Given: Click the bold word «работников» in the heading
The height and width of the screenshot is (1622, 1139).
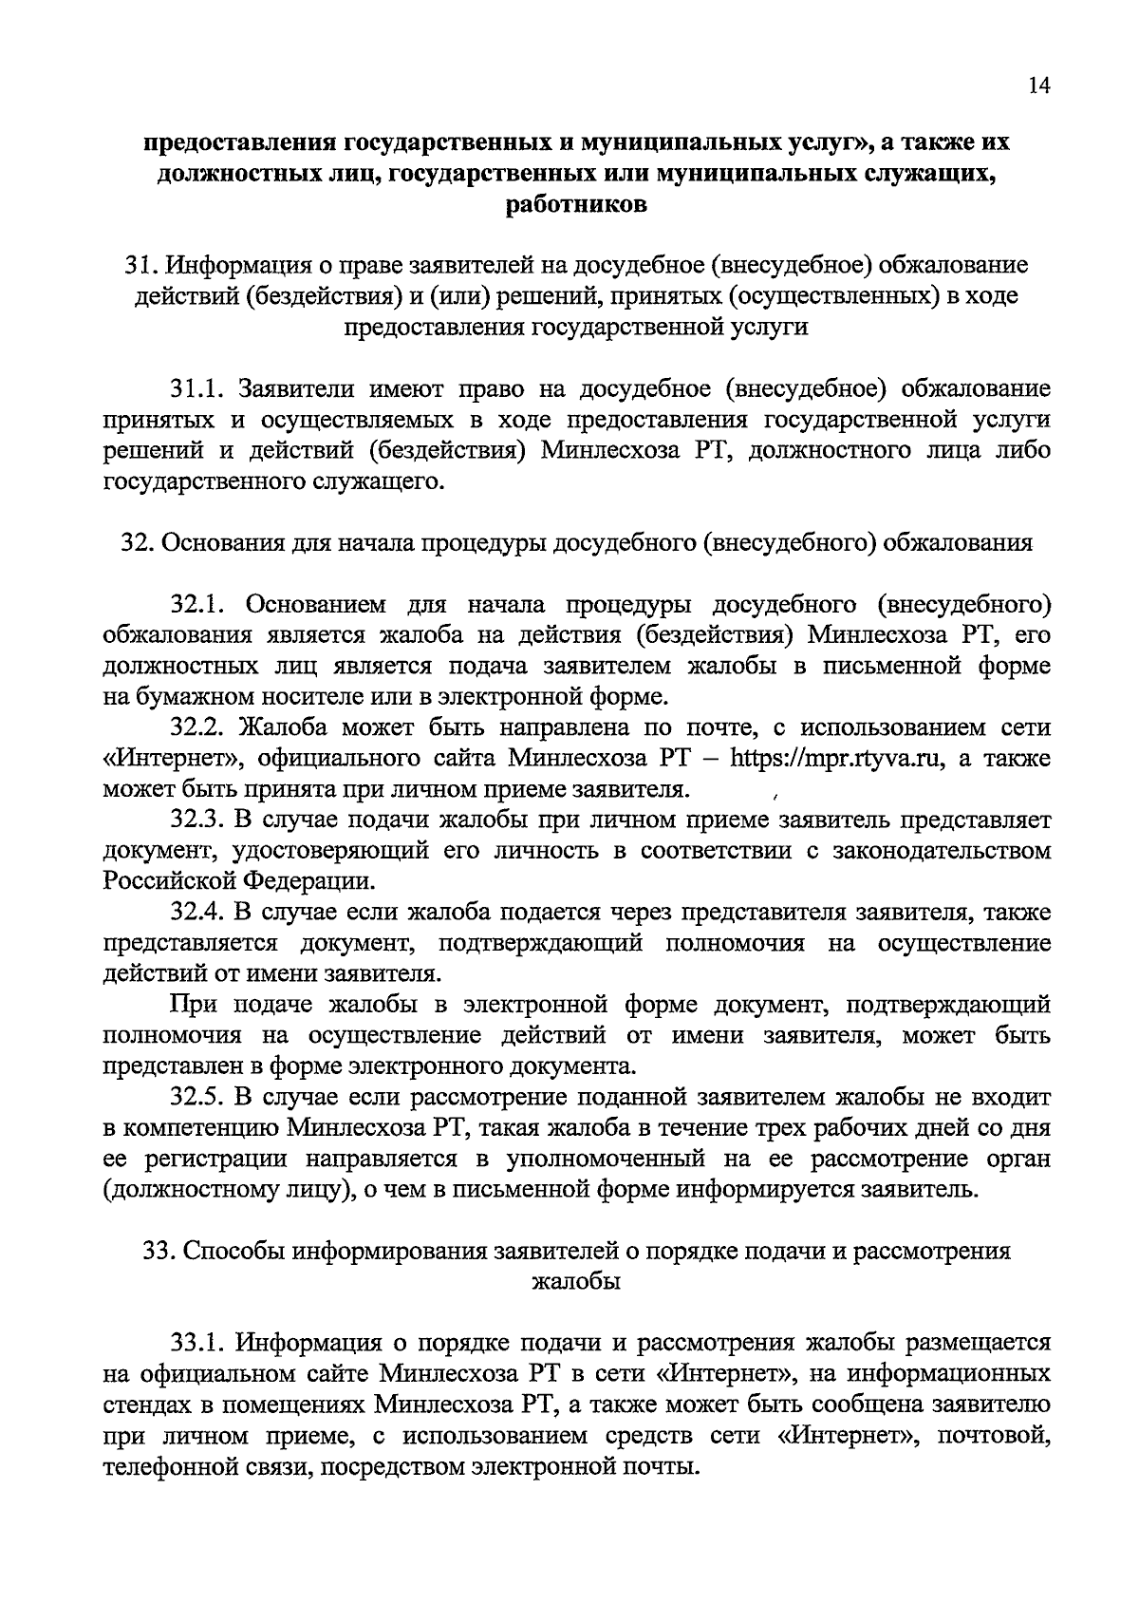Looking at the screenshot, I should click(x=569, y=203).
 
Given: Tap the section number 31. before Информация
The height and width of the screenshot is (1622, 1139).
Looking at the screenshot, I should click(x=139, y=264).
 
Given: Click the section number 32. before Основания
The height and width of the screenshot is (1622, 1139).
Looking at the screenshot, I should click(x=134, y=543).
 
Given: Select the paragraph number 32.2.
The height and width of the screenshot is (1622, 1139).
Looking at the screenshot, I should click(x=196, y=728).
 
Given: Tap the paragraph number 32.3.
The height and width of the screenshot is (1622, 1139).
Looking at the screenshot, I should click(x=196, y=820).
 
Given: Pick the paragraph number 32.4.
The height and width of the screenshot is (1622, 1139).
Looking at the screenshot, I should click(x=196, y=913).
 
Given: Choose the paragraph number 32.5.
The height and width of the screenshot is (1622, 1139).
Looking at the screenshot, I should click(x=196, y=1098).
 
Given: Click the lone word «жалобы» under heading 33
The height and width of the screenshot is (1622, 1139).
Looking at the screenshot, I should click(x=575, y=1282).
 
